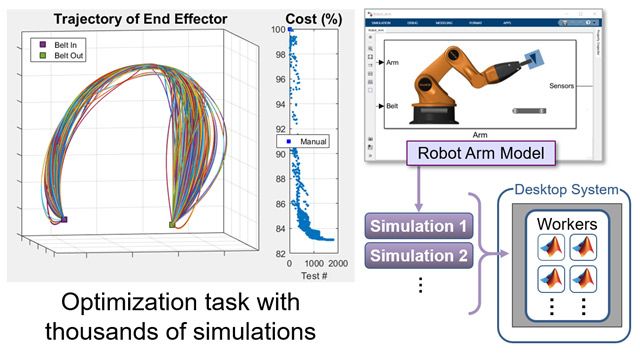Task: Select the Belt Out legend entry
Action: [65, 57]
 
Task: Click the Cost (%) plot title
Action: [313, 19]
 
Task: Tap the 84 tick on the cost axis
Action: [279, 229]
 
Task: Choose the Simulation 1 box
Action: [417, 225]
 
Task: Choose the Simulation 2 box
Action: [417, 254]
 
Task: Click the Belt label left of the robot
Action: [393, 103]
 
